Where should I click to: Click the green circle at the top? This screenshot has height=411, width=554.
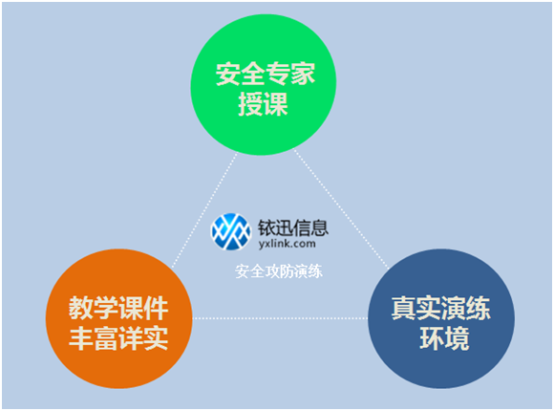point(264,84)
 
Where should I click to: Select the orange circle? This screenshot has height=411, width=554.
point(119,318)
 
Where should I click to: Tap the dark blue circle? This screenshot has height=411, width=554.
point(441,318)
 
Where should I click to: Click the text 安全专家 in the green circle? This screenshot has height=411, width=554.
point(266,74)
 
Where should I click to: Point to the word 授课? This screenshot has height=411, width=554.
point(264,104)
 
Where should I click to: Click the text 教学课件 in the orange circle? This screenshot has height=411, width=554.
point(118,308)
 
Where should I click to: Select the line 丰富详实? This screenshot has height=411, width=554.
point(118,338)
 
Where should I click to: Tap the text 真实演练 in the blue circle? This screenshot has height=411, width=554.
point(441,308)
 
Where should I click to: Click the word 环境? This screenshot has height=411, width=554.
point(444,338)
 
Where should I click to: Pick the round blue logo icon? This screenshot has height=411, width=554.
point(231,231)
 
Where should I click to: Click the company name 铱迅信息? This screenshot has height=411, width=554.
point(293,227)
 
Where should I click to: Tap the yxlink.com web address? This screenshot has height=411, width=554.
point(287,244)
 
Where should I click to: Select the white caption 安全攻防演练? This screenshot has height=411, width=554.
point(279,271)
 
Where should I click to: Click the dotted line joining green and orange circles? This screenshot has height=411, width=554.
point(204,210)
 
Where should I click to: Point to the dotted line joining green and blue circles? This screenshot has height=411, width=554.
point(341,209)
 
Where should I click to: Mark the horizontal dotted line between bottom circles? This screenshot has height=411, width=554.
point(280,318)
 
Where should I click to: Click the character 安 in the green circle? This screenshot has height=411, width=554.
point(228,74)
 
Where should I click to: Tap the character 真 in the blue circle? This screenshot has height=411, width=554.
point(403,308)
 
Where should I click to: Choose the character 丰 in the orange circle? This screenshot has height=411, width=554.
point(80,338)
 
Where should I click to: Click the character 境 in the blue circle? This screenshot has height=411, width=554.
point(458,338)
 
